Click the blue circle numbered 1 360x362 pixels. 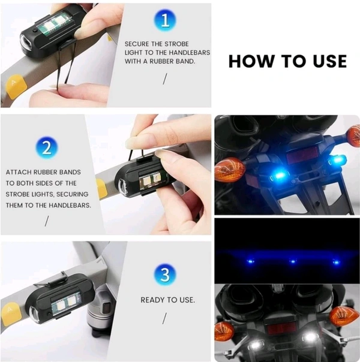point(165,20)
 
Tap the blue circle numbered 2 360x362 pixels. point(47,148)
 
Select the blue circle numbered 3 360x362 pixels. point(165,274)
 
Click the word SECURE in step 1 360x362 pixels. point(137,44)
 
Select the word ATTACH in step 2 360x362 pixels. point(19,172)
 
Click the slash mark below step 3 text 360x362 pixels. point(164,318)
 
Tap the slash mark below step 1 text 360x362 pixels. point(164,79)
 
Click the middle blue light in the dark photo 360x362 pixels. point(293,261)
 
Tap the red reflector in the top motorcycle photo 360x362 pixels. point(302,155)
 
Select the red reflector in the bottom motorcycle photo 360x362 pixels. point(281,328)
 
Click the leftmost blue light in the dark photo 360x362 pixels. point(250,261)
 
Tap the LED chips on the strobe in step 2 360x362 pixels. point(151,180)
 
